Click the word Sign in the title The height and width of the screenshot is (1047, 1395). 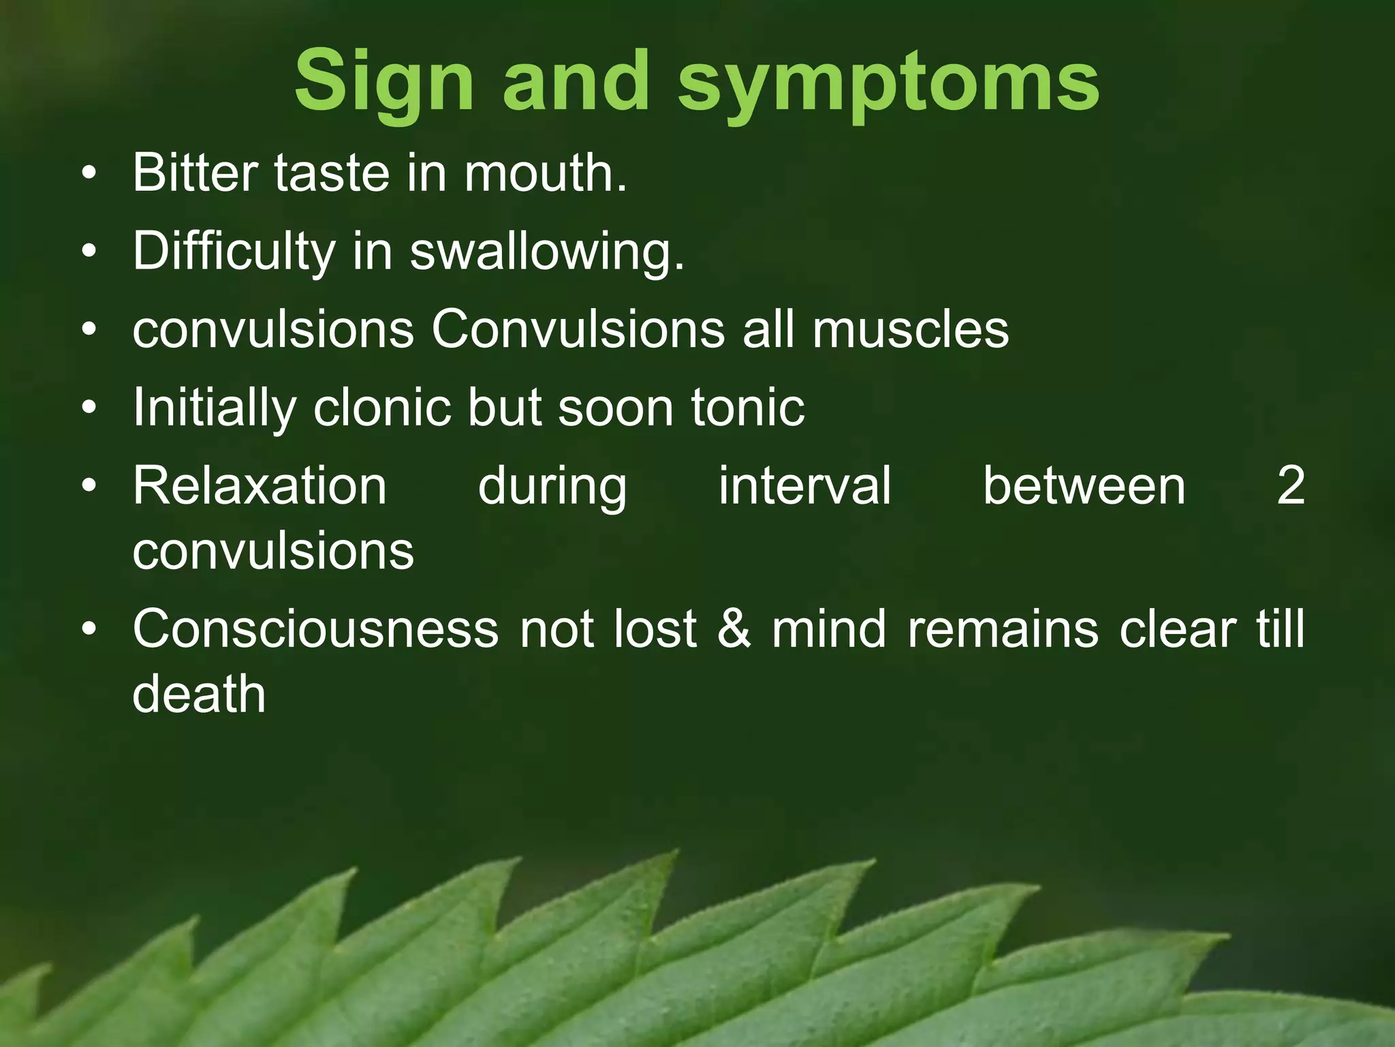point(383,82)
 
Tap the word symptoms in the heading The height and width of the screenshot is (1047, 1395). point(888,85)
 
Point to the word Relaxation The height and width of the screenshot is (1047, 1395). point(260,486)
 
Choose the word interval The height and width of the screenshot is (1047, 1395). point(804,486)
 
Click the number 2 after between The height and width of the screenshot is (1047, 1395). point(1290,486)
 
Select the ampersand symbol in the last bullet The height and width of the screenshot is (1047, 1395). point(734,628)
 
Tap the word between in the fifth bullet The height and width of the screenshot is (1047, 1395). point(1084,486)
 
